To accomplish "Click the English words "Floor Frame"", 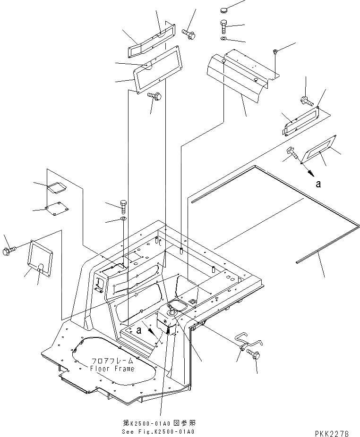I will coord(112,369).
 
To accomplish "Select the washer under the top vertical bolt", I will coord(224,38).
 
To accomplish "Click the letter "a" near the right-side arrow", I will coord(318,184).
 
